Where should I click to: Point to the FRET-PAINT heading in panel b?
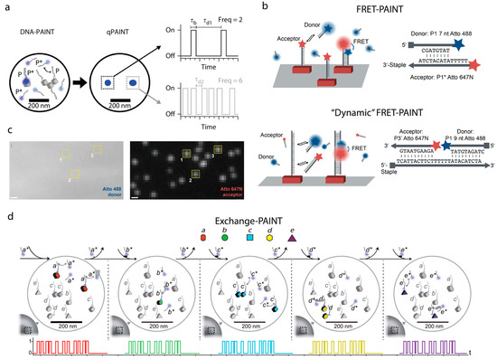click(x=367, y=13)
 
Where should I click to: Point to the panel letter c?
click(x=7, y=129)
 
